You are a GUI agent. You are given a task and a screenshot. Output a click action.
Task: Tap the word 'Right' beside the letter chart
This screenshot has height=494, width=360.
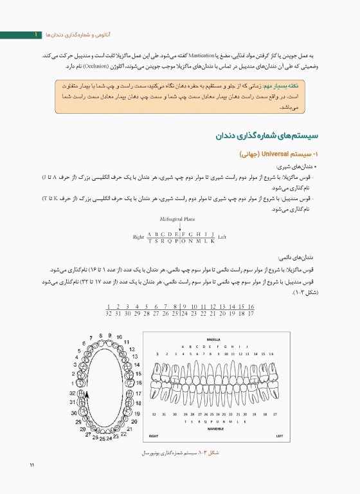(x=138, y=237)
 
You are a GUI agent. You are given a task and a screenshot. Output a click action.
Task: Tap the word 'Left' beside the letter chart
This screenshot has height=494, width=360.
(x=222, y=237)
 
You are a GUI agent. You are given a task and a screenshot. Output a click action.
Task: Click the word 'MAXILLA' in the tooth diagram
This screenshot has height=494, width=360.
(x=214, y=338)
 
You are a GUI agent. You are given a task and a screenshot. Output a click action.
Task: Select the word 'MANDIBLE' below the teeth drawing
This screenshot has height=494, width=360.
(x=216, y=428)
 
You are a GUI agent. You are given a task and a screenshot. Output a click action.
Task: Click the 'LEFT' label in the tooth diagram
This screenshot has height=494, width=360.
(x=280, y=436)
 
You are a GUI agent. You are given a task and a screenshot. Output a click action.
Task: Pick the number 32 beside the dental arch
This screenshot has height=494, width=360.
(x=72, y=392)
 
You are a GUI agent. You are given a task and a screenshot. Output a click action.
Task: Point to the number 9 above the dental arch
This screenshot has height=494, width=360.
(x=110, y=336)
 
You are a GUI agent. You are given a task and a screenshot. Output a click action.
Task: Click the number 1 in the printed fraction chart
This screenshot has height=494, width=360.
(x=109, y=306)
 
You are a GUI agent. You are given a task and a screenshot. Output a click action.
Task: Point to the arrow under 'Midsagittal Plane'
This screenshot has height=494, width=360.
(x=179, y=226)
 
